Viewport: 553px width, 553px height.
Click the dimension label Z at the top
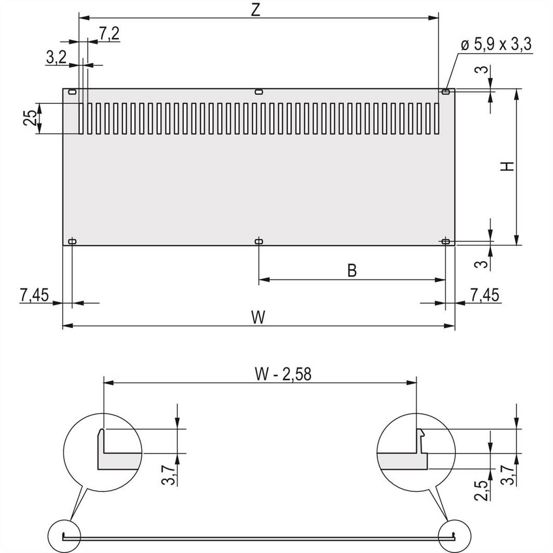[255, 10]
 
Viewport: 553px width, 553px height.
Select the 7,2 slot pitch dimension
[109, 34]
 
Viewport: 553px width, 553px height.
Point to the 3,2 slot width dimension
[56, 58]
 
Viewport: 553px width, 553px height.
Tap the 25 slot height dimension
[31, 118]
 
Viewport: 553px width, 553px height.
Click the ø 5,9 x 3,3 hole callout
[495, 45]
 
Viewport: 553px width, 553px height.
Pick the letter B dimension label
[352, 271]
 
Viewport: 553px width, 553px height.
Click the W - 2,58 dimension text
[283, 374]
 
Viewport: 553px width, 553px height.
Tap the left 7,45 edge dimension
[34, 295]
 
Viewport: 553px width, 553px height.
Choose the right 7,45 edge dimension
[485, 295]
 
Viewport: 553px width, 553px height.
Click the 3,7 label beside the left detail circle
[168, 474]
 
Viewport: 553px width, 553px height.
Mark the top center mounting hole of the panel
[259, 92]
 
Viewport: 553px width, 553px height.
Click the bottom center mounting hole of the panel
[259, 241]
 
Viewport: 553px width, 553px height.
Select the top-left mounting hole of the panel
[72, 92]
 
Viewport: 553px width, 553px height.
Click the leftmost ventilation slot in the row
[82, 118]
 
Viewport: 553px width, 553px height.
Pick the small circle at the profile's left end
[64, 536]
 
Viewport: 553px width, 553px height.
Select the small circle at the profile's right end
[454, 536]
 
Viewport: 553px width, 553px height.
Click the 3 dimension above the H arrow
[483, 70]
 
